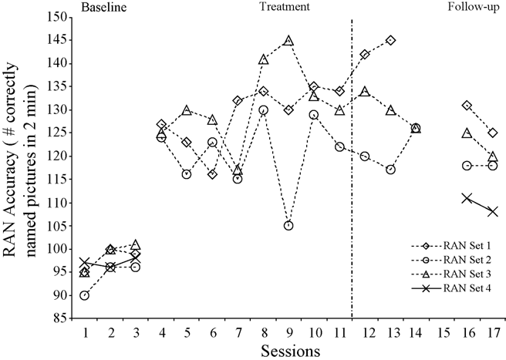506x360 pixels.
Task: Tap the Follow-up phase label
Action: [472, 7]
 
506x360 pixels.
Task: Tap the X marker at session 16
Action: [466, 198]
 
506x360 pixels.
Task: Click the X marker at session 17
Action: [491, 211]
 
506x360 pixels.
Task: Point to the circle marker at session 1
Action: [84, 295]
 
